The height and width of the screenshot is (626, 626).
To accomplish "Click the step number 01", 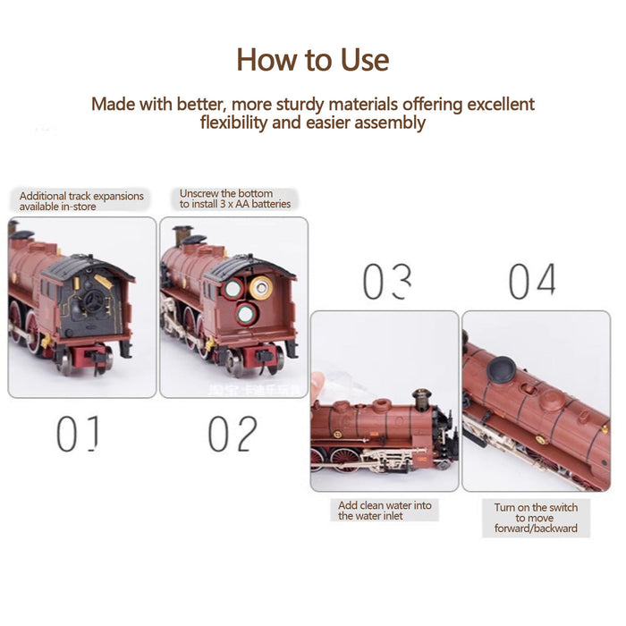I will coord(76,435).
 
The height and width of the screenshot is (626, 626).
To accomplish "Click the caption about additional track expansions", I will coord(81,201).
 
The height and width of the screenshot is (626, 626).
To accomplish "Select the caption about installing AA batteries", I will coord(235,199).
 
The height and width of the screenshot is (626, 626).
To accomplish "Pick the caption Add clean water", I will coord(385,511).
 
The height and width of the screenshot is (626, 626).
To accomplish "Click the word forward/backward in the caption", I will coord(536,529).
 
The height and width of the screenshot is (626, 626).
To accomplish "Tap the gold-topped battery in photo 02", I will coord(260,287).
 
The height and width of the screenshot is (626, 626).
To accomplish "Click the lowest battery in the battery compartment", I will coord(246,315).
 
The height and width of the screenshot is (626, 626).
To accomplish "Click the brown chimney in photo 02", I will coord(186,234).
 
